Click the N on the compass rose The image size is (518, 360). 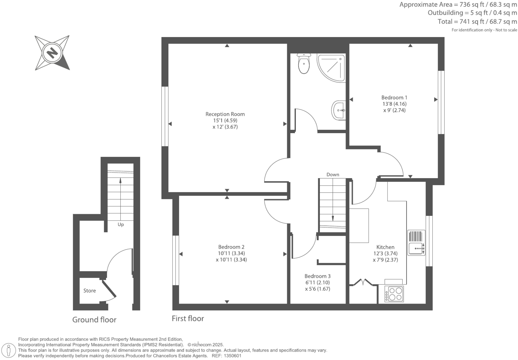click(52, 53)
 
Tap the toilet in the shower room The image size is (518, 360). click(304, 64)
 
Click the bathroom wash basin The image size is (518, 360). click(339, 109)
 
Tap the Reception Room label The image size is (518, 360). click(225, 114)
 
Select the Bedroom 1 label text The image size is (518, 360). click(394, 97)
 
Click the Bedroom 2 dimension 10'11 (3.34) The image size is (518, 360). click(231, 253)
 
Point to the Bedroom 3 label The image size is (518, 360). click(317, 276)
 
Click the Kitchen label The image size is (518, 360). click(385, 247)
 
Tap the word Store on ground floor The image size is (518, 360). click(89, 291)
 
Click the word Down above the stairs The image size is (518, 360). click(333, 174)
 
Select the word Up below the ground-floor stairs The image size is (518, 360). click(120, 225)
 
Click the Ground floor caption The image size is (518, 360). click(94, 320)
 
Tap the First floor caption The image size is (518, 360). click(188, 318)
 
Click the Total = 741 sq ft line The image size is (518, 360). click(477, 22)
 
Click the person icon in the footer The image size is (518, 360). click(9, 350)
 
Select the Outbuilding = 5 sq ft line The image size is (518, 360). click(472, 13)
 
